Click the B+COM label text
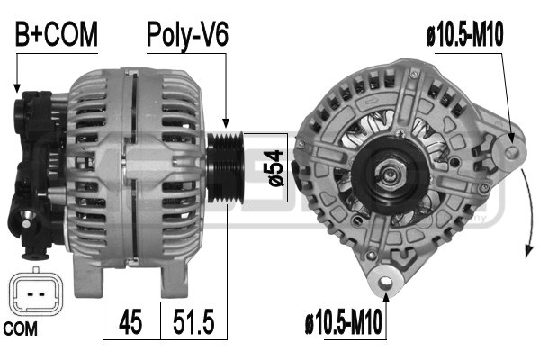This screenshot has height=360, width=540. tap(56, 35)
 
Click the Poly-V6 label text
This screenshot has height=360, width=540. tap(188, 35)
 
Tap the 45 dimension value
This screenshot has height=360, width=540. tap(130, 321)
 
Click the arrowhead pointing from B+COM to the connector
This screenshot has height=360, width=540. tap(17, 89)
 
